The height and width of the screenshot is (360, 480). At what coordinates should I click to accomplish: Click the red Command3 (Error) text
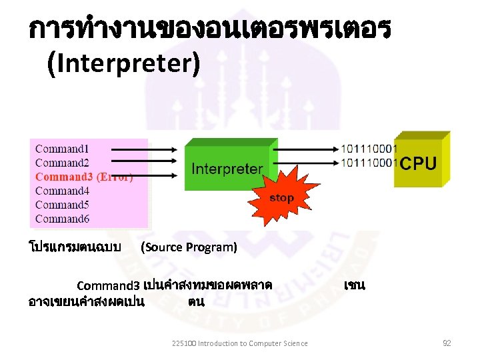[84, 177]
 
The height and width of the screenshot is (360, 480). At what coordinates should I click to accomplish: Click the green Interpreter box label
[227, 169]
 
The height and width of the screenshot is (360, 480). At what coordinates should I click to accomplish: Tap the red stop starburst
[281, 198]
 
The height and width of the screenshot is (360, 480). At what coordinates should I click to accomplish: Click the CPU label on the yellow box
[419, 163]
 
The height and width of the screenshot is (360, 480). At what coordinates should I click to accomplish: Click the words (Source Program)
[189, 247]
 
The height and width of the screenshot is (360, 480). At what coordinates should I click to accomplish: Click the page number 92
[447, 343]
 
